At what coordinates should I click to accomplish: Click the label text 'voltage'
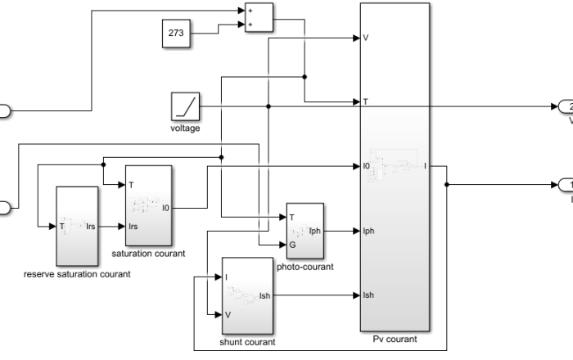click(x=185, y=128)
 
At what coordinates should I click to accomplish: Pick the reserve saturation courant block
click(x=77, y=226)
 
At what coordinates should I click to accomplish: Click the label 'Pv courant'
click(x=394, y=338)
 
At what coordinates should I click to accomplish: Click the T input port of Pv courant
click(x=365, y=102)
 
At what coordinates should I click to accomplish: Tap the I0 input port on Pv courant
click(x=367, y=166)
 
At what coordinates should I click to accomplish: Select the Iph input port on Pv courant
click(x=368, y=231)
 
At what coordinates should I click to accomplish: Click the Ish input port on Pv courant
click(x=368, y=295)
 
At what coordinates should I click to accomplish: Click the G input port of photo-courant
click(x=291, y=244)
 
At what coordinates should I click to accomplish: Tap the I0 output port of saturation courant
click(x=165, y=208)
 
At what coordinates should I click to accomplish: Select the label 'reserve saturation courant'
click(x=77, y=274)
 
